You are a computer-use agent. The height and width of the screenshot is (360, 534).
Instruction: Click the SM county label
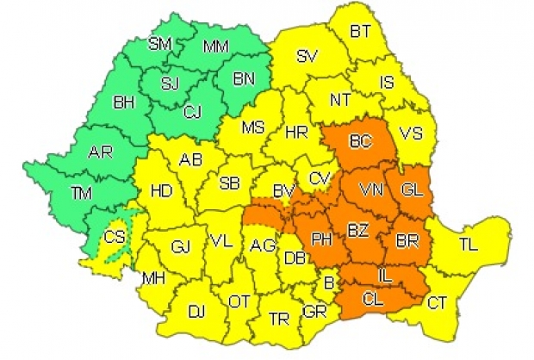coord(159,43)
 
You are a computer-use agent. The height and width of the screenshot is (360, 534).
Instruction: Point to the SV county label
coord(307,57)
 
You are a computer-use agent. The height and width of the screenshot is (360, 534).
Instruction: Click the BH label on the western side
coord(125,102)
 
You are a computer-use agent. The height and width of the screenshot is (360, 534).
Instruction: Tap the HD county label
coord(161,191)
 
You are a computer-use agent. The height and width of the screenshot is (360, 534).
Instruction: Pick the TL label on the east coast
coord(468,245)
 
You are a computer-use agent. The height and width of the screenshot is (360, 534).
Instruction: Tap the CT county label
coord(438,301)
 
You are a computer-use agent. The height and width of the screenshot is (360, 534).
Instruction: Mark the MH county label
coord(155,278)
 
